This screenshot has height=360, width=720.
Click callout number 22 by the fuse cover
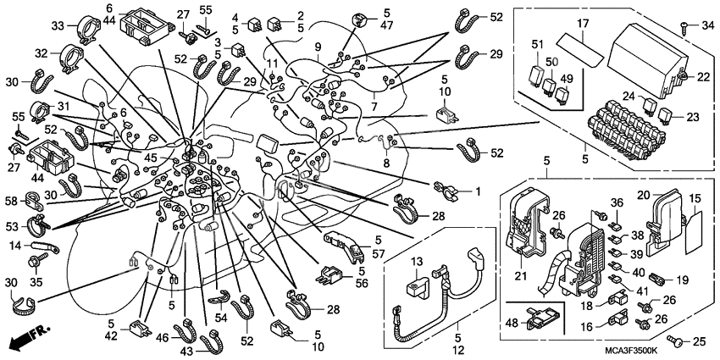point(701,78)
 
